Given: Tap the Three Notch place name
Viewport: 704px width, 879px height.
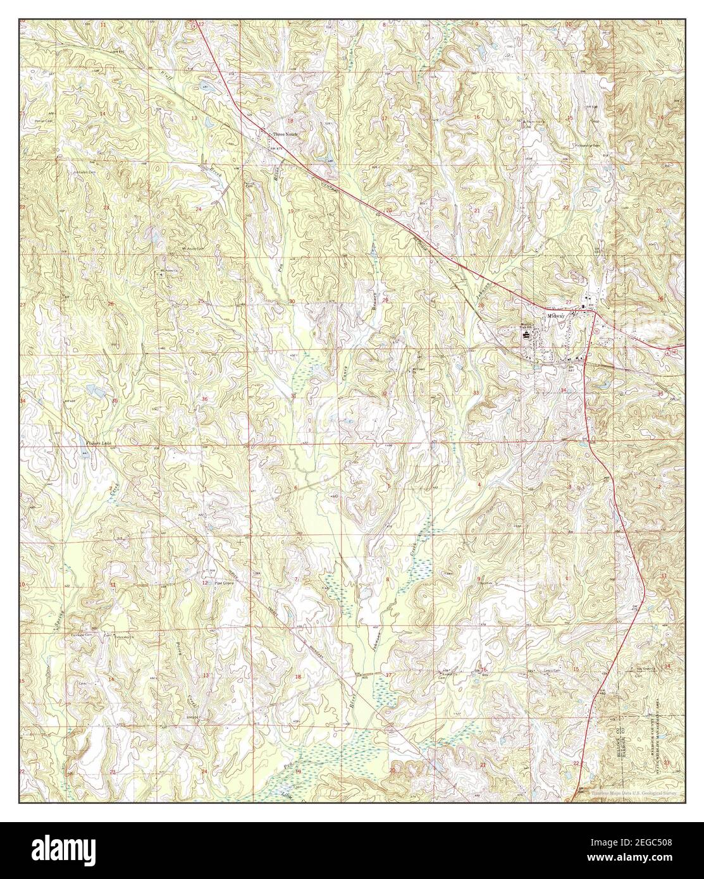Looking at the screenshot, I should click(284, 135).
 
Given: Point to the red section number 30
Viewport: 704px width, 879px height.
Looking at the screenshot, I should click(292, 302).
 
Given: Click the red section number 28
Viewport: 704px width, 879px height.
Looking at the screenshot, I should click(481, 306).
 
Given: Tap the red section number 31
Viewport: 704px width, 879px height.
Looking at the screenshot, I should click(293, 396).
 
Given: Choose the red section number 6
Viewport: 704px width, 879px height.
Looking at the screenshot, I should click(295, 488).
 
